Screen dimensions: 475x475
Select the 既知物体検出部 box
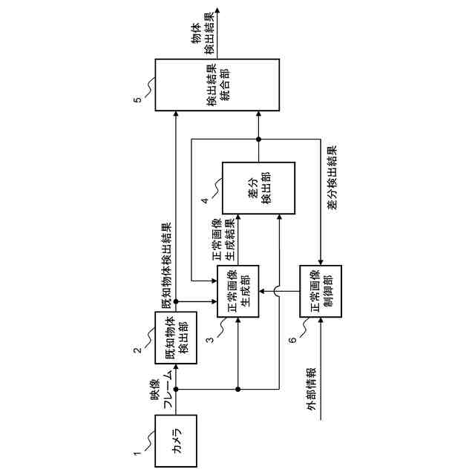point(177,338)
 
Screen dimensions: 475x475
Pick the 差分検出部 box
point(259,188)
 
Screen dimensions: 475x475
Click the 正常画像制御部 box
point(321,291)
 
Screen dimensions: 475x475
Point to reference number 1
point(136,451)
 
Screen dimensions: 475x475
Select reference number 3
point(210,341)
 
